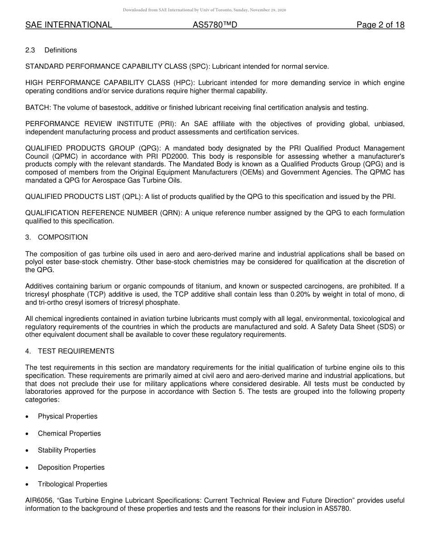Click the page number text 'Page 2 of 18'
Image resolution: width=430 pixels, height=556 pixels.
click(380, 25)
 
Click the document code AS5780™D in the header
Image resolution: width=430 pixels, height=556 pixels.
click(215, 25)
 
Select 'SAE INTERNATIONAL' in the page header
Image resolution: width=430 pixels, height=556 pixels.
click(69, 25)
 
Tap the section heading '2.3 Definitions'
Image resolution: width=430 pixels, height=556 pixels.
click(51, 50)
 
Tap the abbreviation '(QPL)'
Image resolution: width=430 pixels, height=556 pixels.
click(134, 197)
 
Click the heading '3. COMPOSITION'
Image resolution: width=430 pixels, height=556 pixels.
click(57, 237)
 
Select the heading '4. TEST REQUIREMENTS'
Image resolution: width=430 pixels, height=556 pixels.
click(70, 351)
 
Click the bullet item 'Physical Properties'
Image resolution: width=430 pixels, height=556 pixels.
click(67, 416)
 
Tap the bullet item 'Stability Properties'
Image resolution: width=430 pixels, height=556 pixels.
click(67, 450)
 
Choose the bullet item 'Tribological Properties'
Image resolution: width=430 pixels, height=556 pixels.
click(72, 484)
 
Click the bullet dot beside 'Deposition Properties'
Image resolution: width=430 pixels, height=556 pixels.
click(29, 467)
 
